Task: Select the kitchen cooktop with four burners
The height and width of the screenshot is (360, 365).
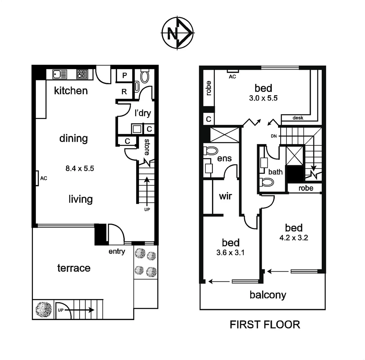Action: (x=82, y=74)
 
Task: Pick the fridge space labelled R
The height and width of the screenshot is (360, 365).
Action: (x=124, y=92)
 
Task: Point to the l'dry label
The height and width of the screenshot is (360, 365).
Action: (x=143, y=113)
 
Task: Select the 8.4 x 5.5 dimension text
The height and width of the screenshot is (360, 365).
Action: (x=80, y=168)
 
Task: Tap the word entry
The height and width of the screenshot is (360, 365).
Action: (x=117, y=251)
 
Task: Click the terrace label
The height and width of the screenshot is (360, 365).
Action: (x=74, y=268)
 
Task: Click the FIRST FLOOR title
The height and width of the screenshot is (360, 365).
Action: (x=265, y=324)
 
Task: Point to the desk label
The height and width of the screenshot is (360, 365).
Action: (x=298, y=118)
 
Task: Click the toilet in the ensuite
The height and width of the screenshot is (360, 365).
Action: (x=210, y=151)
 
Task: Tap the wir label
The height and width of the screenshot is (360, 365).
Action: (x=225, y=196)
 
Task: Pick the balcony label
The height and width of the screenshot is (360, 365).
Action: (x=268, y=295)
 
